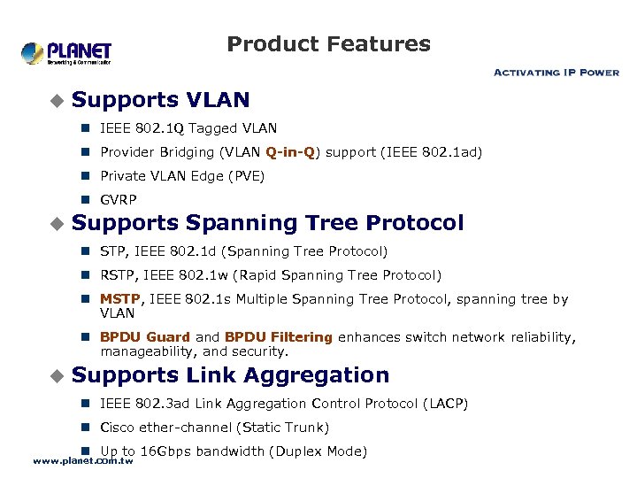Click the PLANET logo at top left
66,53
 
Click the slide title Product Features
328,44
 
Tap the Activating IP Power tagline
556,73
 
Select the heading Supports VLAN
160,100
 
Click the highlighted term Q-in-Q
290,152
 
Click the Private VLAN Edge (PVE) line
182,176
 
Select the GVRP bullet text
119,200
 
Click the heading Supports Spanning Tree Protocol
267,223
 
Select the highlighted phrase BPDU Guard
145,337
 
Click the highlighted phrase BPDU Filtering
279,337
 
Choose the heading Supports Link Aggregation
230,375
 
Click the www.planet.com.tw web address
83,461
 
